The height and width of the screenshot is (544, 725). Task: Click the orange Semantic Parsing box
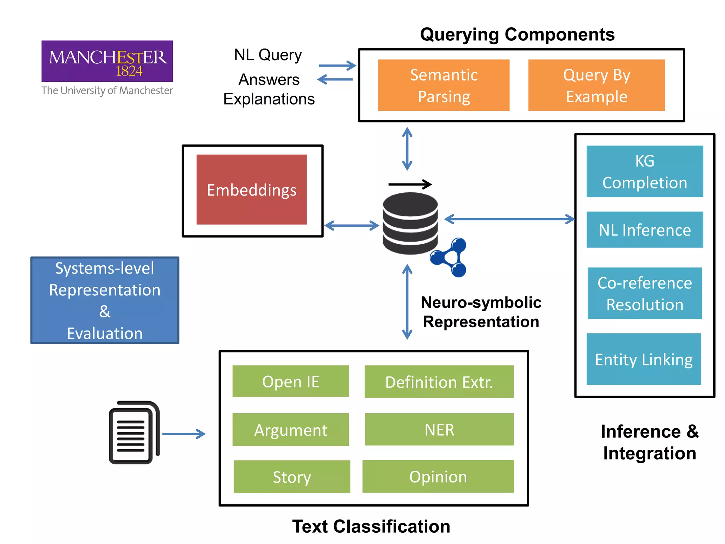point(444,85)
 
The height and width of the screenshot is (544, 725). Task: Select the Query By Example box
point(596,85)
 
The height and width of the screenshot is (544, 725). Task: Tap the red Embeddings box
point(252,189)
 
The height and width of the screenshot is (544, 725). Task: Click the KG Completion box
point(645,171)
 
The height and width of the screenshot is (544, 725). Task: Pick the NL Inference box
point(645,229)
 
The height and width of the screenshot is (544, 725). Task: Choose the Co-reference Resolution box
point(645,293)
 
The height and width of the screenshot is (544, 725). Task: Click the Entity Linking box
point(644,359)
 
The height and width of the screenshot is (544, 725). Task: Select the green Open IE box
point(291,381)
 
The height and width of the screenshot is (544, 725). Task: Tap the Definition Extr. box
point(439,382)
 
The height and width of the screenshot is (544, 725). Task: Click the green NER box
point(439,430)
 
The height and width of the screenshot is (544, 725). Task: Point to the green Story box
point(292,477)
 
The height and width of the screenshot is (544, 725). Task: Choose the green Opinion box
point(438,476)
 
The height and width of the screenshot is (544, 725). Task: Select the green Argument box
point(291,430)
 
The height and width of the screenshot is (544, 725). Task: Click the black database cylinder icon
point(410,223)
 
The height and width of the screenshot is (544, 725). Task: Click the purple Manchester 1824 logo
point(107,61)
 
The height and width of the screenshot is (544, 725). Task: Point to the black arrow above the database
point(410,184)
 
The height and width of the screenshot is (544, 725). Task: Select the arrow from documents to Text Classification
point(184,434)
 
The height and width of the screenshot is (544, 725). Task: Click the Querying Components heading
point(517,35)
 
